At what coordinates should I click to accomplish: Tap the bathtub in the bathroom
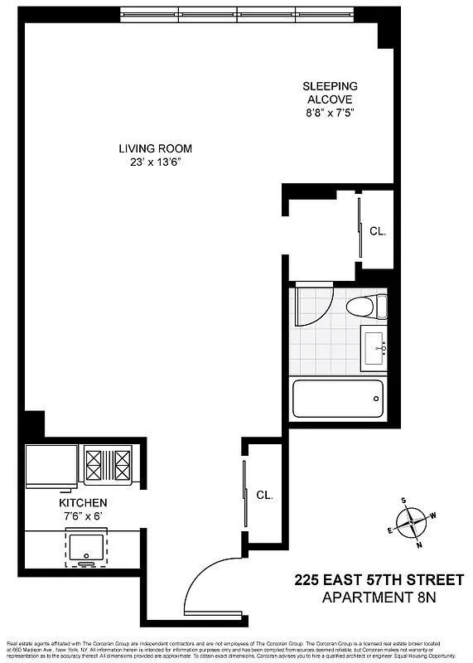338,400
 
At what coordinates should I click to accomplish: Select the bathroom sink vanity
374,347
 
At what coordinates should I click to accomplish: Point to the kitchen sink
85,547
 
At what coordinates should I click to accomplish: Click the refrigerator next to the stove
51,466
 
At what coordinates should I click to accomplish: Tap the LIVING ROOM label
155,148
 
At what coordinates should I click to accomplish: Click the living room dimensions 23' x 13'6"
155,162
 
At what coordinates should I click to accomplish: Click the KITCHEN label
82,503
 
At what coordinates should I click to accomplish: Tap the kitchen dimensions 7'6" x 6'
82,516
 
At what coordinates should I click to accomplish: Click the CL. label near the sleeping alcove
379,231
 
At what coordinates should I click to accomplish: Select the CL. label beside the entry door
264,495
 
